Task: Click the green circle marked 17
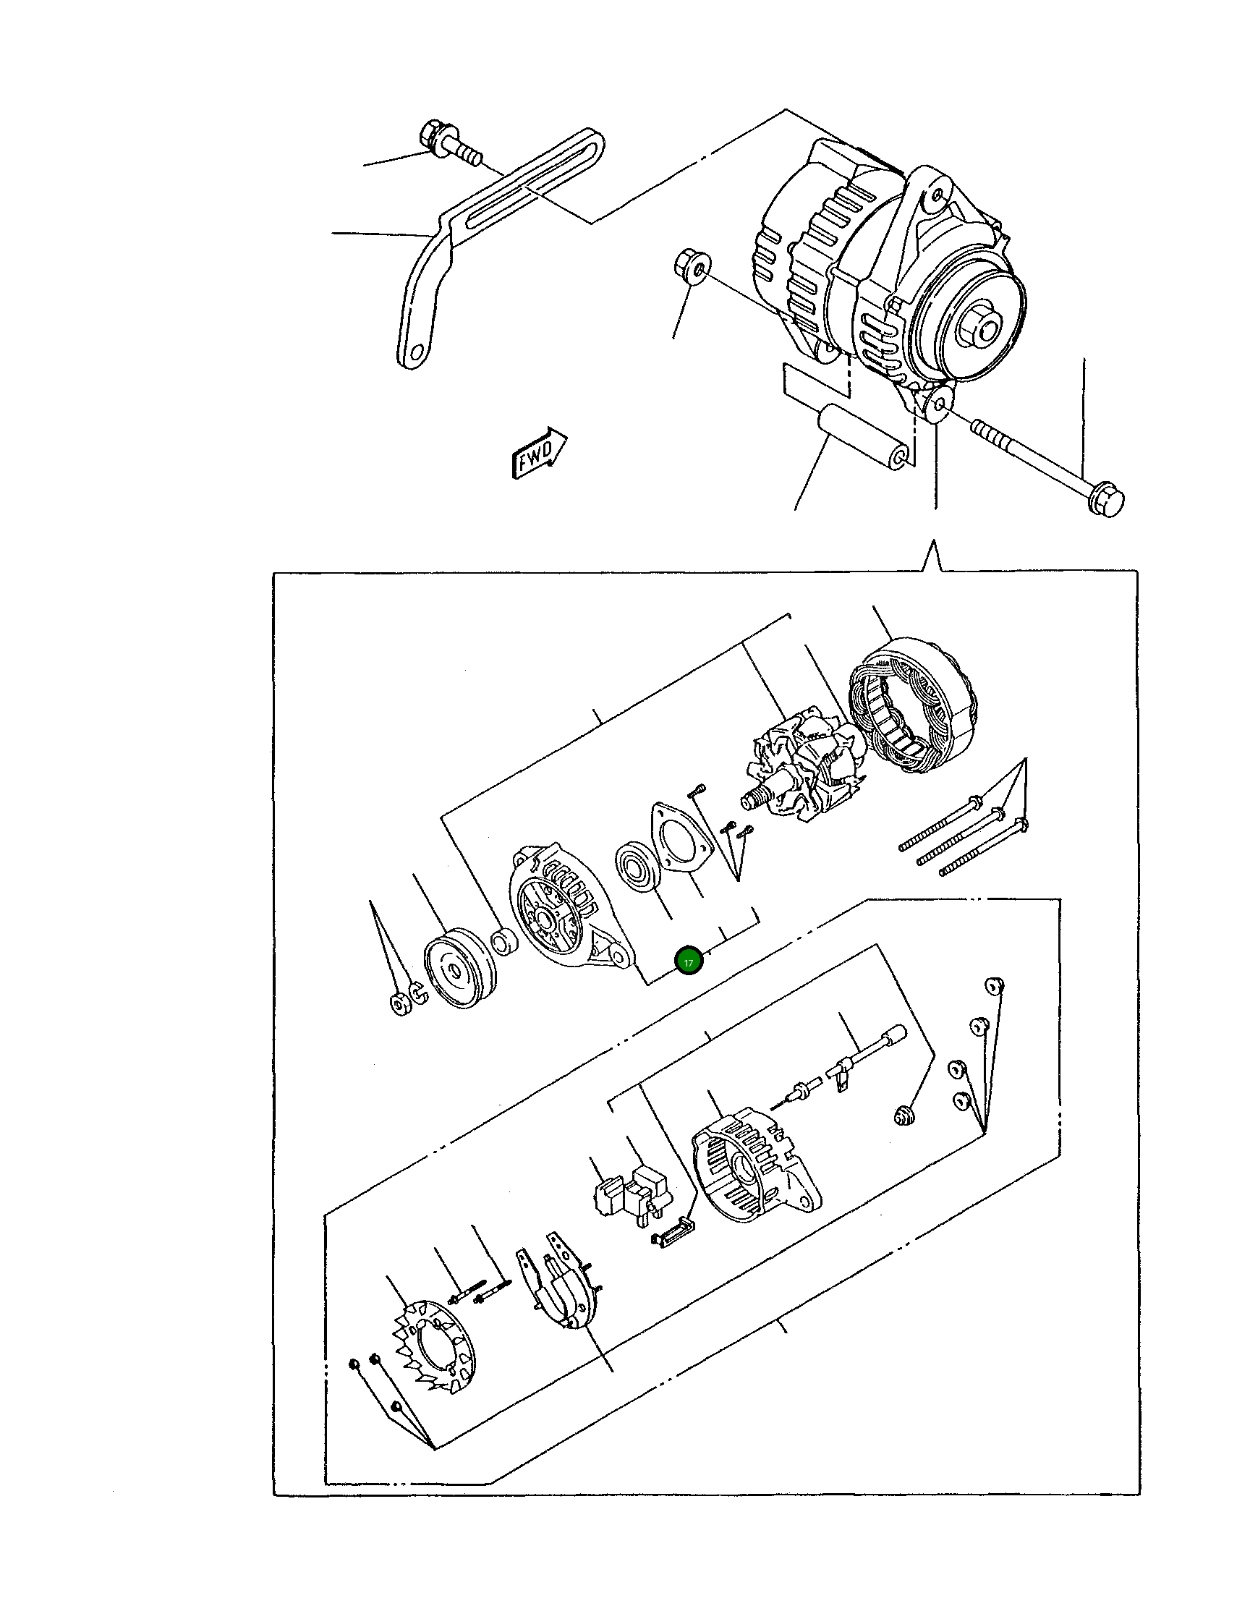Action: coord(689,962)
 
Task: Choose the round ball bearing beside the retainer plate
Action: coord(637,867)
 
